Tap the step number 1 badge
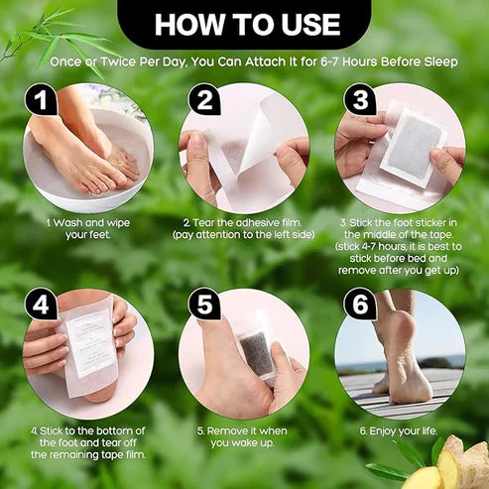pos(39,100)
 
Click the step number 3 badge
pos(358,100)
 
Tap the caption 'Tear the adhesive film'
pos(243,230)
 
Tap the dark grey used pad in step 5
pos(259,352)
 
